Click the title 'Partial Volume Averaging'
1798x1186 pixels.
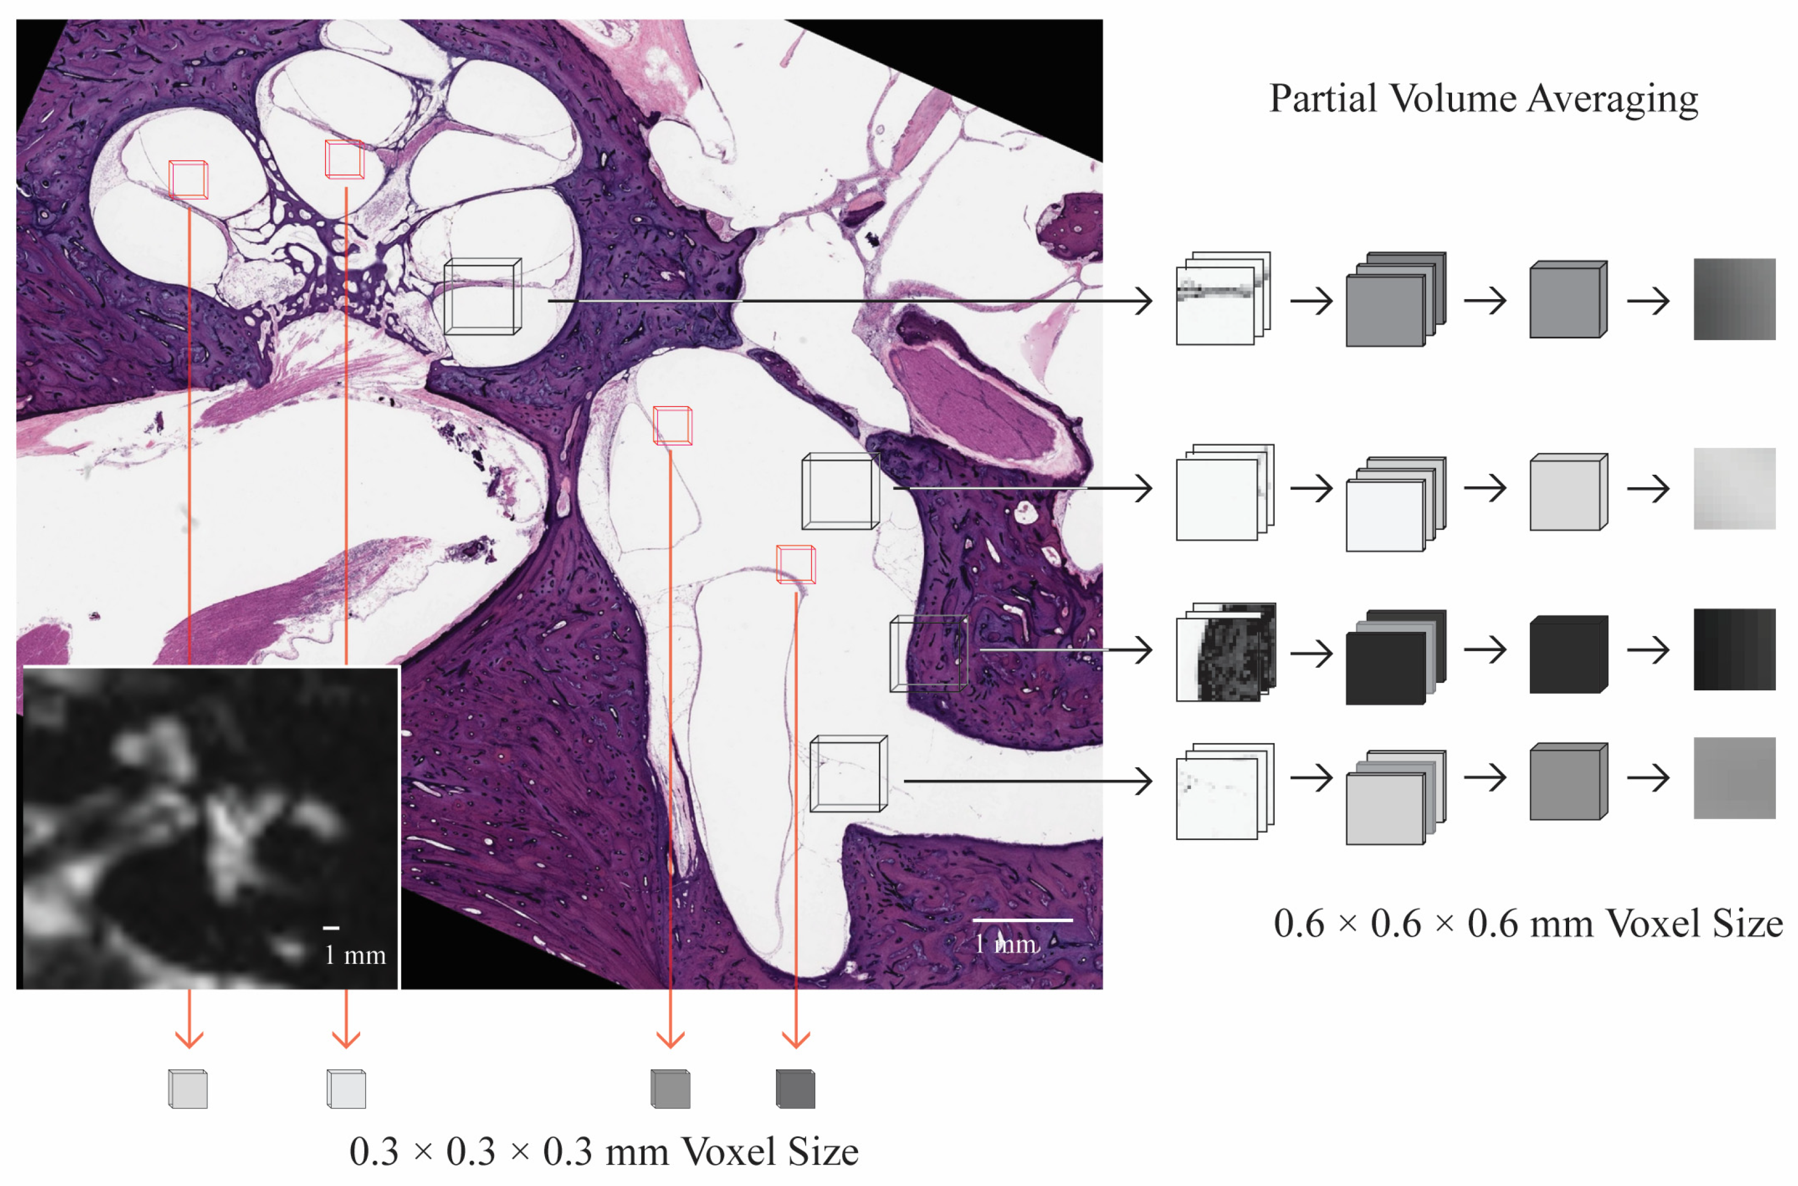coord(1483,99)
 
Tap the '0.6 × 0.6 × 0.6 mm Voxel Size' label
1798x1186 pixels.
coord(1527,924)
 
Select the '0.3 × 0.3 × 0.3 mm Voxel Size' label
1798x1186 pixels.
coord(603,1151)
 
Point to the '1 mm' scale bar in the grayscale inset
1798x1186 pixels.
coord(331,928)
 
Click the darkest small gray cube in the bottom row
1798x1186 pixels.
coord(795,1089)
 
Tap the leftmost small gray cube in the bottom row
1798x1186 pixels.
coord(188,1089)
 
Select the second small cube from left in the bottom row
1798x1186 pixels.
coord(347,1089)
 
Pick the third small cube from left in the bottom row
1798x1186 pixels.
coord(670,1089)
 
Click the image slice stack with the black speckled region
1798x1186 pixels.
coord(1225,651)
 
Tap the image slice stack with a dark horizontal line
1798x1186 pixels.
coord(1223,298)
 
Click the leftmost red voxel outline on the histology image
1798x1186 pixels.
coord(188,179)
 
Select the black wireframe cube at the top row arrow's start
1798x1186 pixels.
coord(482,296)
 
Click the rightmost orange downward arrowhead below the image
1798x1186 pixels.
coord(795,1039)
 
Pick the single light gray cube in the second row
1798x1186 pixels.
coord(1568,492)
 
